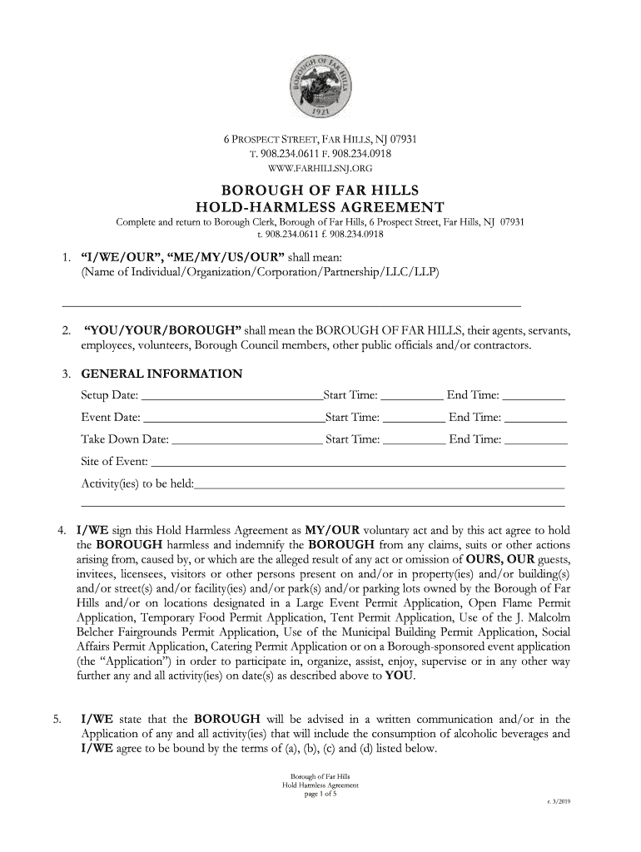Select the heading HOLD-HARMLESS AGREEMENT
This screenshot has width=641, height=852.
(x=320, y=207)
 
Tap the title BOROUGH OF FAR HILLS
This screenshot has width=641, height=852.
(x=320, y=190)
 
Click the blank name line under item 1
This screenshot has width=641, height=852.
(x=291, y=304)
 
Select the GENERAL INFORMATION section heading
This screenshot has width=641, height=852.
(x=161, y=374)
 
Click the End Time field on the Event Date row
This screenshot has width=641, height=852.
(x=536, y=419)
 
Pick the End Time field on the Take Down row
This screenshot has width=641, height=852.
(x=536, y=440)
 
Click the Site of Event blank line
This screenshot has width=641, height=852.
(x=358, y=463)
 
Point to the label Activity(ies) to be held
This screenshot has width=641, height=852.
(x=137, y=484)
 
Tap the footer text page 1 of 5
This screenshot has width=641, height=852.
(x=320, y=794)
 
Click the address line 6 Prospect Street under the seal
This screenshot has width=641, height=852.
(x=320, y=139)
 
